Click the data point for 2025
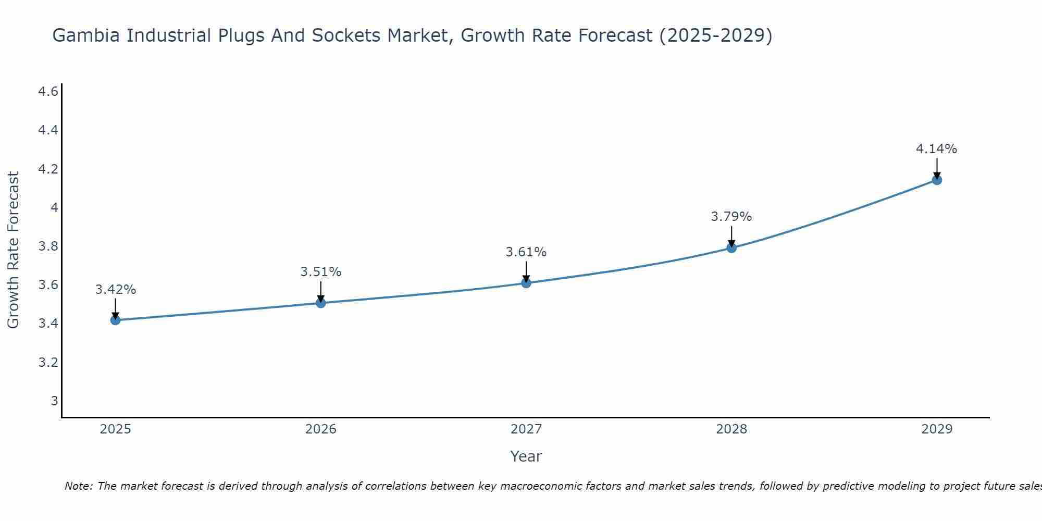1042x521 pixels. [x=116, y=320]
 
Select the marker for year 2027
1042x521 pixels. [x=526, y=283]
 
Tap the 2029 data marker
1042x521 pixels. [x=937, y=180]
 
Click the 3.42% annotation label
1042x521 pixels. [x=116, y=290]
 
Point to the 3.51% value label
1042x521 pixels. [x=321, y=272]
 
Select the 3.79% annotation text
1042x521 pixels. [x=731, y=217]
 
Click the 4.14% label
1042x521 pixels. [x=937, y=149]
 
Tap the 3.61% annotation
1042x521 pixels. [x=526, y=252]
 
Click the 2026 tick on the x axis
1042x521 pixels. [x=321, y=429]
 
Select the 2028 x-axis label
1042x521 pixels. [x=731, y=429]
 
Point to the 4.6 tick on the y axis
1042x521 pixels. [x=48, y=92]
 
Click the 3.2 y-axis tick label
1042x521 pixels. [x=48, y=362]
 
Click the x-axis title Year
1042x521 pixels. [x=526, y=456]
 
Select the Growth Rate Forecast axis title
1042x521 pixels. [x=14, y=250]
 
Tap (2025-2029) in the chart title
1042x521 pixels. [x=716, y=35]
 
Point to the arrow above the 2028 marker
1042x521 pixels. [x=731, y=235]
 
